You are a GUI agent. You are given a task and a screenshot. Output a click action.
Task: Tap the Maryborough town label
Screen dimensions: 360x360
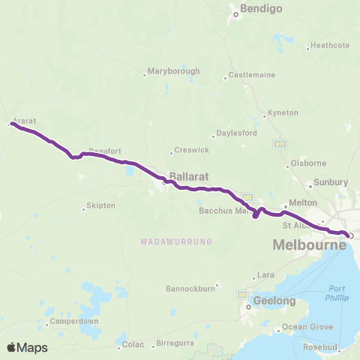(175, 71)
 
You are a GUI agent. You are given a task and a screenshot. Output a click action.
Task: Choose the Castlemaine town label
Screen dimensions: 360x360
(252, 75)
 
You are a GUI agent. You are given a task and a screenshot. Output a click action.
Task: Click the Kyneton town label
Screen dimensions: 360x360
(283, 112)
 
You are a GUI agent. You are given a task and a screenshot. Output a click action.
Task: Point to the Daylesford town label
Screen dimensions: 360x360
(237, 133)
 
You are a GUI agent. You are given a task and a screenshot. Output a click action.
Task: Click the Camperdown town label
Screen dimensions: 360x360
(73, 322)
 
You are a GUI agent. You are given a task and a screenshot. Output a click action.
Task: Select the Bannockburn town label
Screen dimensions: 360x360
(190, 285)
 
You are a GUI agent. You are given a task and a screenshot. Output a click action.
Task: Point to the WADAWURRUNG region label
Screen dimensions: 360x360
(176, 241)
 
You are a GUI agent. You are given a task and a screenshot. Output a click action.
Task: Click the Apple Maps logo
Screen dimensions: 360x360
(27, 346)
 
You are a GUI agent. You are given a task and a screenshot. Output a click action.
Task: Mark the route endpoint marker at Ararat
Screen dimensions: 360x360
(10, 124)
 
